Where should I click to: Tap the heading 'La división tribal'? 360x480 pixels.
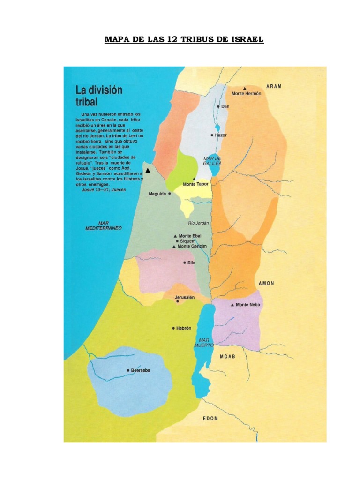click(99, 96)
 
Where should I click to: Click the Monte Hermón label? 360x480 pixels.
click(247, 93)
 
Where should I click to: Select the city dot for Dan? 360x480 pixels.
click(218, 106)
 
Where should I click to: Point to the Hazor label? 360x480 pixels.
click(221, 135)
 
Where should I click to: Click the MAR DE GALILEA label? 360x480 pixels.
click(212, 161)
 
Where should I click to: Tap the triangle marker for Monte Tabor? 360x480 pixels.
click(194, 179)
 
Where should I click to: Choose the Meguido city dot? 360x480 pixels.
click(170, 193)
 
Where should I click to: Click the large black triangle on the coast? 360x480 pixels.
click(148, 170)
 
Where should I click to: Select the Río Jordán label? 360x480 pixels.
click(198, 223)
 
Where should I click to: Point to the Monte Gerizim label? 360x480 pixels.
click(192, 246)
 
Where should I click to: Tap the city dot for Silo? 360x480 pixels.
click(184, 263)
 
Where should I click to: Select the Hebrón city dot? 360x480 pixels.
click(173, 328)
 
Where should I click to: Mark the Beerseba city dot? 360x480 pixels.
click(128, 370)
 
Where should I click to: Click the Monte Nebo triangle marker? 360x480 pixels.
click(232, 305)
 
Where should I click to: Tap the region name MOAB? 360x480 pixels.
click(227, 356)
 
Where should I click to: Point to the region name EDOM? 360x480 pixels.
click(210, 418)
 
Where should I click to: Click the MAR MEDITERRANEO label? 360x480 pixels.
click(104, 225)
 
